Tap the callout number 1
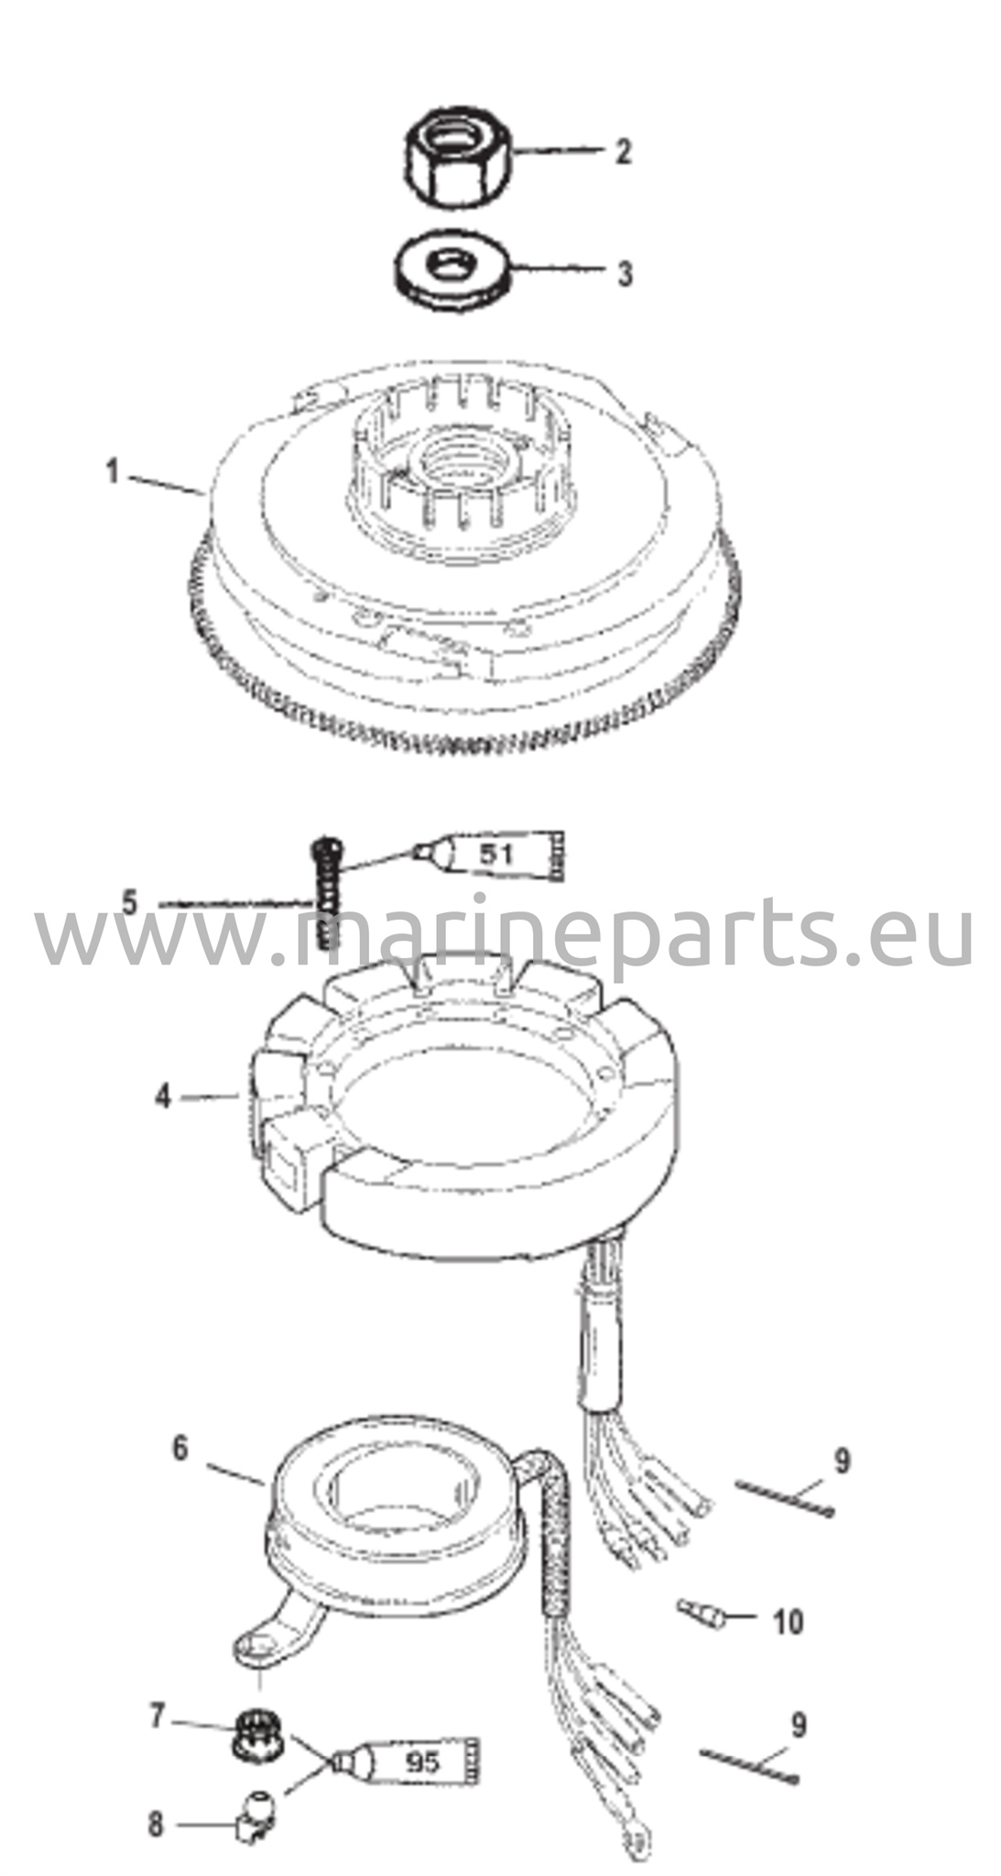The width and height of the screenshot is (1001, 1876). pyautogui.click(x=113, y=473)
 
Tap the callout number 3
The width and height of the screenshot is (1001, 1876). pyautogui.click(x=625, y=274)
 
